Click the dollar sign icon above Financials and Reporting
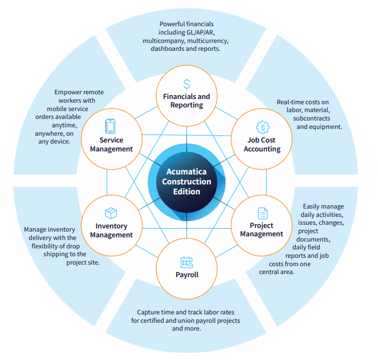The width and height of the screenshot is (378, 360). tap(187, 84)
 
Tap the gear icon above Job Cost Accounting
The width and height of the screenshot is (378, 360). tap(262, 127)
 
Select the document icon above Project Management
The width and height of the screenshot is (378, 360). tap(262, 213)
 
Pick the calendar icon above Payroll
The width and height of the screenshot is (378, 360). tap(186, 263)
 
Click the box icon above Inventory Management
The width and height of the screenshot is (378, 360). tap(111, 213)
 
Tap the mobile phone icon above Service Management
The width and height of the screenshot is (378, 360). tap(110, 126)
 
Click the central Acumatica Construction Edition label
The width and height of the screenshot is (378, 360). tap(186, 181)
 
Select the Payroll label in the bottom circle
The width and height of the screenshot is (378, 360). tap(187, 275)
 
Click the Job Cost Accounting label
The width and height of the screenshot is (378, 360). tap(262, 145)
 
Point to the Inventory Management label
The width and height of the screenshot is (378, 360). tap(111, 231)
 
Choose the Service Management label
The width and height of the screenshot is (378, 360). tap(111, 144)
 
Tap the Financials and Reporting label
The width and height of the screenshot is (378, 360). tap(187, 101)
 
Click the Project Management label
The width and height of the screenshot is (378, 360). tap(262, 230)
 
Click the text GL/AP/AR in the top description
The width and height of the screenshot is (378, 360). tap(199, 32)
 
